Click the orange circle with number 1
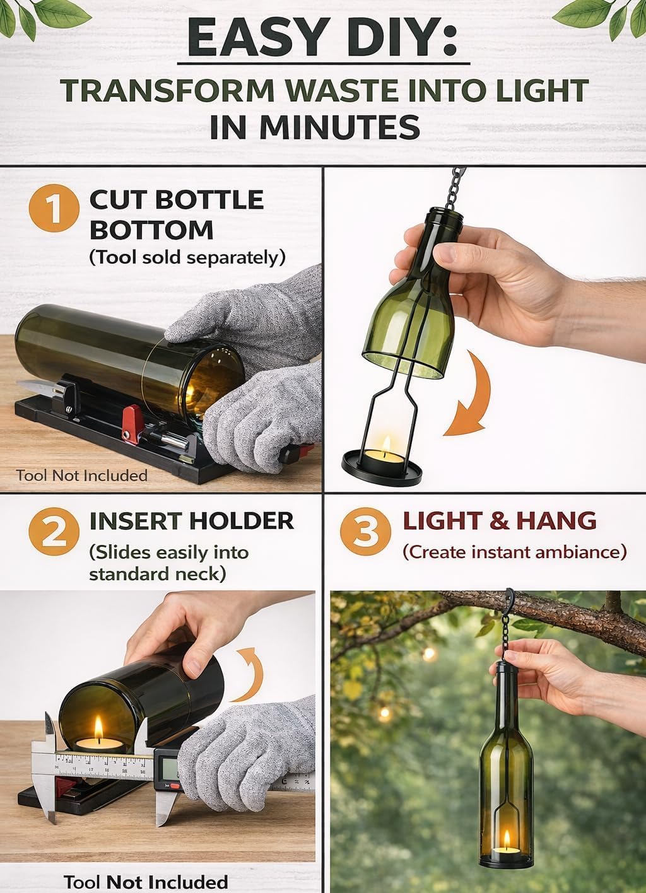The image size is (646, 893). (54, 208)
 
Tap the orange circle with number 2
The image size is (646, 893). (54, 532)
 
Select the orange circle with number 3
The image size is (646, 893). (365, 532)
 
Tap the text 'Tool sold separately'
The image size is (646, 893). (187, 257)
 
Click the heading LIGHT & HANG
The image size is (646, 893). (499, 521)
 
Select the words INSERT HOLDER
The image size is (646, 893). (192, 521)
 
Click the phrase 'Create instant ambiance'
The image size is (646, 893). (515, 552)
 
